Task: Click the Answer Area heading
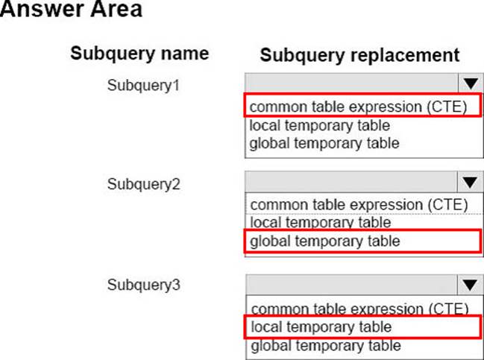pos(72,11)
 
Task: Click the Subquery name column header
pos(139,54)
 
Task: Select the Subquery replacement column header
pos(359,55)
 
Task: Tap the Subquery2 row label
pos(144,183)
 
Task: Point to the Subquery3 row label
pos(144,284)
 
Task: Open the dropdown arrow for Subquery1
pos(469,83)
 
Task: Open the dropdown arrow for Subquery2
pos(469,183)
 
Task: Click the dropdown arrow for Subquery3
pos(469,284)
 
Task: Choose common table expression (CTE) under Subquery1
pos(359,107)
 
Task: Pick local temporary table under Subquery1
pos(320,125)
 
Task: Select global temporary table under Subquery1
pos(324,142)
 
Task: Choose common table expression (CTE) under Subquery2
pos(359,204)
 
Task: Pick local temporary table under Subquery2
pos(320,221)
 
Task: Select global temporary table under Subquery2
pos(324,241)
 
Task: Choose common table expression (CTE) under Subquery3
pos(359,308)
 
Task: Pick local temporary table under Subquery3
pos(320,326)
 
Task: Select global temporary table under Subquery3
pos(324,345)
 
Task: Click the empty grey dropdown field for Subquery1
pos(351,83)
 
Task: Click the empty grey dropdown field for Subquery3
pos(351,284)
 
